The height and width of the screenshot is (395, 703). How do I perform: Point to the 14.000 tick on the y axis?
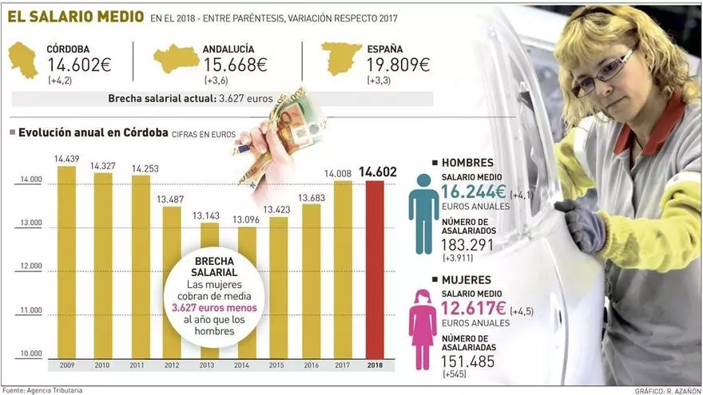[x=30, y=180]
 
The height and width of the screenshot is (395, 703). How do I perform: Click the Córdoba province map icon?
[x=23, y=60]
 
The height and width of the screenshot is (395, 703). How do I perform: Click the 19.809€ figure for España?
[x=396, y=65]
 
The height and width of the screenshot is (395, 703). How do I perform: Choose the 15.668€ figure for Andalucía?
[x=235, y=65]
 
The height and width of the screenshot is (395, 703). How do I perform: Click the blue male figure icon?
[x=423, y=203]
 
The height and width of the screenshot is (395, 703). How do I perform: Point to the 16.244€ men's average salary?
[x=473, y=192]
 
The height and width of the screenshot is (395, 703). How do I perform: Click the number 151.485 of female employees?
[x=467, y=361]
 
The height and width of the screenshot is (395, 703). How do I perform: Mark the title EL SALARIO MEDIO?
[x=77, y=17]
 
